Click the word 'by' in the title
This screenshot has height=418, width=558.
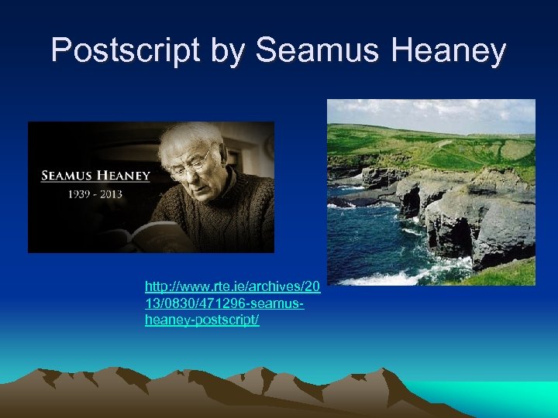(226, 51)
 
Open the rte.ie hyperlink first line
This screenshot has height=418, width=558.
(232, 288)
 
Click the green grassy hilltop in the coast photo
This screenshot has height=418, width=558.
(434, 143)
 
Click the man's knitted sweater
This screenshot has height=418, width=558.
(232, 213)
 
